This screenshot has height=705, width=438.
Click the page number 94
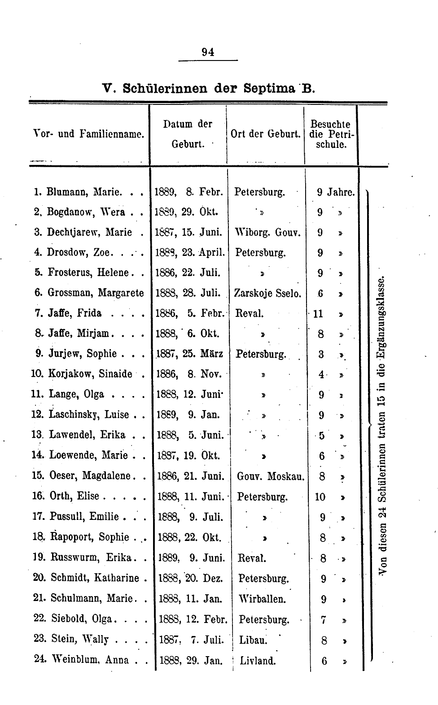(208, 52)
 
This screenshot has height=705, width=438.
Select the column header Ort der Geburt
(265, 134)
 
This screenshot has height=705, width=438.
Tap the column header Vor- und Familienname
(89, 134)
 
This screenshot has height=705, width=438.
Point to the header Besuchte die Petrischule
(330, 134)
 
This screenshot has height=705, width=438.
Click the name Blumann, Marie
(84, 192)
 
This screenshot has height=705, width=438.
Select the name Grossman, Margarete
(96, 293)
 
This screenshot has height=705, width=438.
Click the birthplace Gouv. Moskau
(271, 476)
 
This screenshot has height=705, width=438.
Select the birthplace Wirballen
(263, 599)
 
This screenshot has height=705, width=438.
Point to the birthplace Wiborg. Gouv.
(267, 233)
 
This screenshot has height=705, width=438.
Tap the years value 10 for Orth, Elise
(320, 497)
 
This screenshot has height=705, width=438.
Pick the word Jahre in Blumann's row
(341, 192)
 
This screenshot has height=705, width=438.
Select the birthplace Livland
(258, 660)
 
